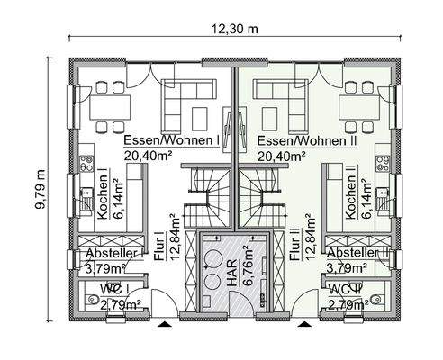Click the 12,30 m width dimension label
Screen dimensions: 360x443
pos(235,28)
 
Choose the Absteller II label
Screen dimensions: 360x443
pos(357,255)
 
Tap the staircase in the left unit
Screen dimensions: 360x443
pos(211,193)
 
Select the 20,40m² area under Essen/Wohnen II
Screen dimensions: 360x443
pos(280,156)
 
